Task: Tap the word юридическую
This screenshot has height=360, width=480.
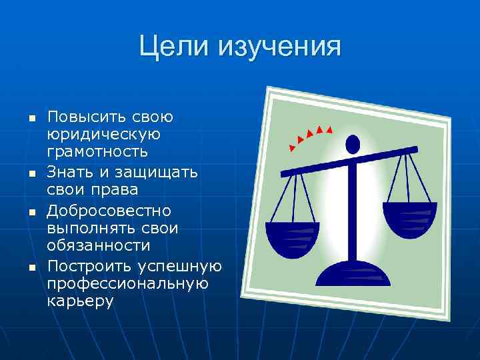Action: [103, 135]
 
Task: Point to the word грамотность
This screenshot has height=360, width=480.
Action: [97, 153]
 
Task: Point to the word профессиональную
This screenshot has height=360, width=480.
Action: [128, 284]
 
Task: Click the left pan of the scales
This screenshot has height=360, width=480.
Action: [292, 236]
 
